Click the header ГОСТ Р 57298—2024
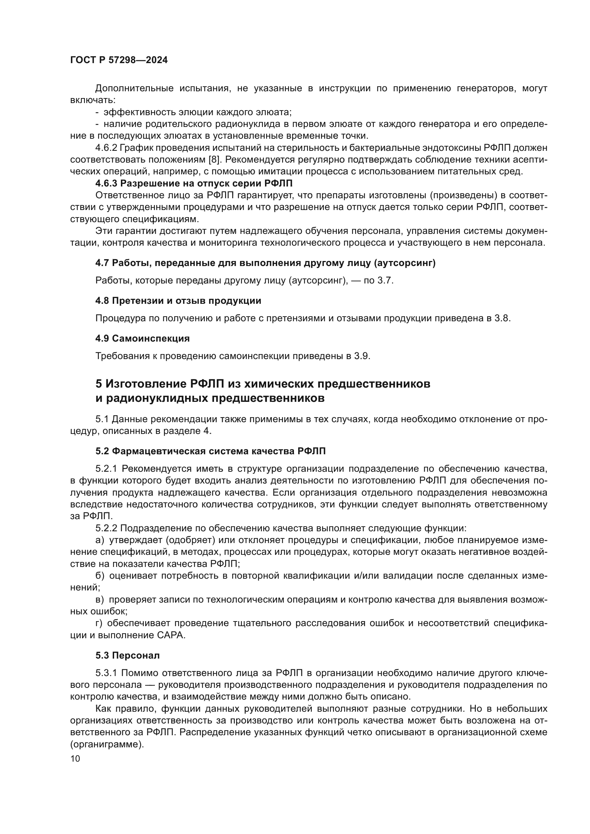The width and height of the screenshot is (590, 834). click(x=119, y=60)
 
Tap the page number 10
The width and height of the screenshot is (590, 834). click(x=75, y=758)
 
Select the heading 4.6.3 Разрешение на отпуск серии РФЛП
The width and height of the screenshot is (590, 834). click(x=194, y=183)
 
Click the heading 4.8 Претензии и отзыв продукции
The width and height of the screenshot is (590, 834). click(x=178, y=301)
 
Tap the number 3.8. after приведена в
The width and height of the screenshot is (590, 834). click(x=503, y=318)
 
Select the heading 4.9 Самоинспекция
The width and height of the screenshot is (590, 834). click(x=142, y=338)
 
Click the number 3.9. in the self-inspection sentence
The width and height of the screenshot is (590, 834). click(x=362, y=356)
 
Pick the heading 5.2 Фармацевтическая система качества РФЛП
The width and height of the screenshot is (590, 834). click(x=210, y=451)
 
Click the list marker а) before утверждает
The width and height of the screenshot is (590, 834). click(x=100, y=540)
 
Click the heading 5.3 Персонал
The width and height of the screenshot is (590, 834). click(x=127, y=656)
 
